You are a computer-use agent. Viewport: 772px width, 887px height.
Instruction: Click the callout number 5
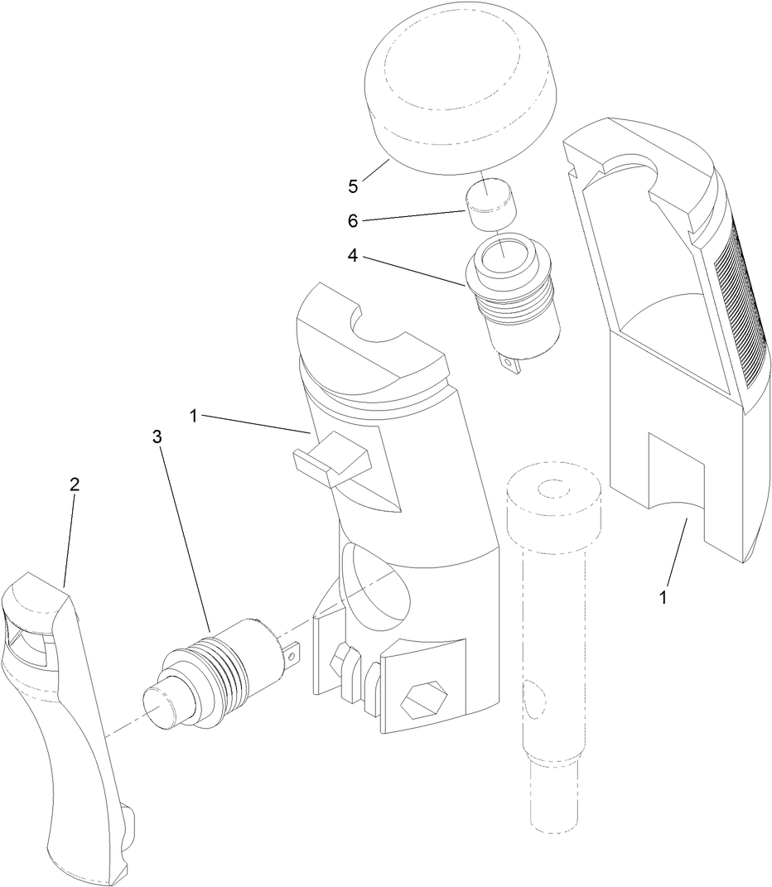[353, 186]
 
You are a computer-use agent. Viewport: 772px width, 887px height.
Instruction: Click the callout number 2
[74, 484]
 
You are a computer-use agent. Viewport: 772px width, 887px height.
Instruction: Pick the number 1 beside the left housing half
[193, 416]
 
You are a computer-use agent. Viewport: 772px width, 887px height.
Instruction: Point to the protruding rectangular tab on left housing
[332, 460]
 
